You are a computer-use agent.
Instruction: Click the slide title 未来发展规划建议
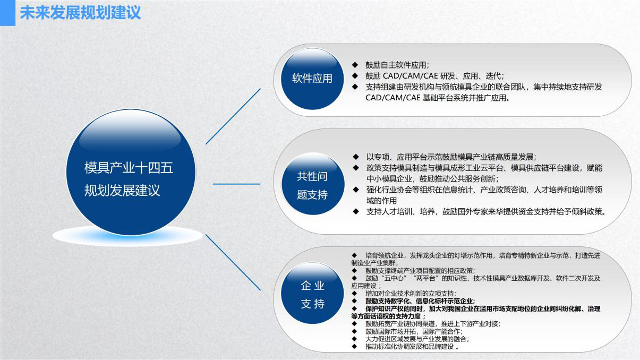click(80, 13)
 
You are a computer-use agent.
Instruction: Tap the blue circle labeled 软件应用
click(312, 79)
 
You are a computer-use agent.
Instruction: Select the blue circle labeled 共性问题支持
click(312, 185)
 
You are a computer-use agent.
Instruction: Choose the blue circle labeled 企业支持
click(312, 295)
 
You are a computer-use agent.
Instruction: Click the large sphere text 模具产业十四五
click(129, 168)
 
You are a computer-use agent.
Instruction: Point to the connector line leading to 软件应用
click(233, 116)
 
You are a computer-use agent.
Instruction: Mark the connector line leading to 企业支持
click(233, 262)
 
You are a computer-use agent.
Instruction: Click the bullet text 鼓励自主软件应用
click(397, 65)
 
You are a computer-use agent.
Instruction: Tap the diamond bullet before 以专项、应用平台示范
click(355, 157)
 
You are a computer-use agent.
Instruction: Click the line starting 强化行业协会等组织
click(483, 190)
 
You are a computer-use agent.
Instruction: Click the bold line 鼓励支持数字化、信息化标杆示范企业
click(420, 301)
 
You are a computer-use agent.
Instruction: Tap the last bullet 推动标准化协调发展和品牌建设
click(410, 347)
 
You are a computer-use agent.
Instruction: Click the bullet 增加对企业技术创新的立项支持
click(410, 293)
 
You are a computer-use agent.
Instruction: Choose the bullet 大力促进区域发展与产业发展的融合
click(417, 339)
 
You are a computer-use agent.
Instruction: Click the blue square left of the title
click(7, 13)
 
